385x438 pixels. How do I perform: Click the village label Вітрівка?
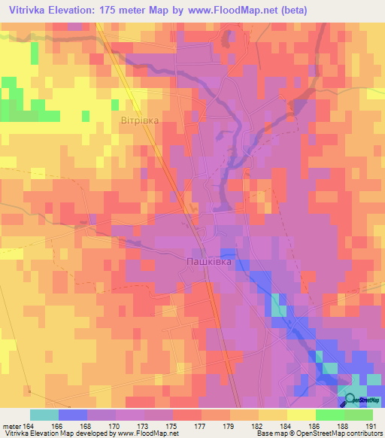click(x=139, y=120)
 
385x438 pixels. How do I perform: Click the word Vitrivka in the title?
click(x=26, y=9)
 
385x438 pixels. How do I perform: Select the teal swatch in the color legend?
click(x=44, y=415)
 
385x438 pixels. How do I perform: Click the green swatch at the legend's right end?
click(x=358, y=415)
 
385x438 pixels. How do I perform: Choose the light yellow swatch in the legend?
click(x=301, y=415)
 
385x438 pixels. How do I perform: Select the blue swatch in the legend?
click(x=73, y=415)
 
